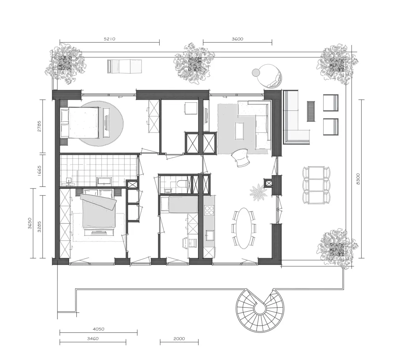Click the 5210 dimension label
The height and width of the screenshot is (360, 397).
pos(110,39)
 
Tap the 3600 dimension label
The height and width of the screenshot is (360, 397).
pos(237,39)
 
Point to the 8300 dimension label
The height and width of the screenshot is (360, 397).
pos(358,179)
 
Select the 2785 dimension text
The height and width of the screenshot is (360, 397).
pos(39,126)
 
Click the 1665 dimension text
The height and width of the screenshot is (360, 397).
pos(39,171)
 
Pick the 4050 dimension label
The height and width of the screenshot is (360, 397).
pos(99,329)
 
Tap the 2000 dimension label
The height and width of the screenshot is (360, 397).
pos(179,339)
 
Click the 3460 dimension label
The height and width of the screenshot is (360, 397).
pos(93,339)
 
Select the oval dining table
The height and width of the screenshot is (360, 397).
pos(244,228)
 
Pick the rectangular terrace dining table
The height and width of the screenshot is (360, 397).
pos(316,185)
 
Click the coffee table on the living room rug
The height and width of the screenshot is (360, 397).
pos(239,130)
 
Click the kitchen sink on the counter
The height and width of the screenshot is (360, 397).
pos(209,235)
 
